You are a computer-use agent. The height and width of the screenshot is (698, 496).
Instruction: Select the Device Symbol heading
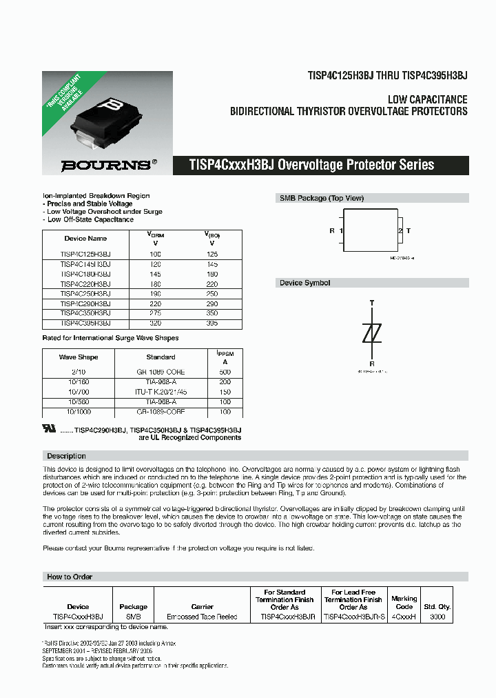tap(304, 283)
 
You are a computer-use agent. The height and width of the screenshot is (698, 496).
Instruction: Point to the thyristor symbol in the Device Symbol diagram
tap(372, 333)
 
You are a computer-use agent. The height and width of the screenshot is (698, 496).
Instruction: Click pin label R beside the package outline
tap(332, 231)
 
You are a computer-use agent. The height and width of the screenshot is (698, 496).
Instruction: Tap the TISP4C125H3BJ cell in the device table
tap(85, 254)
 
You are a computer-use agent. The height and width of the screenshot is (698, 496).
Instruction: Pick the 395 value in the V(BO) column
tap(211, 322)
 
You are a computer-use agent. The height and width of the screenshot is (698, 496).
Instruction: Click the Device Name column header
tap(85, 239)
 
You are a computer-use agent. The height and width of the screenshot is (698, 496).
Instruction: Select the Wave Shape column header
tap(79, 357)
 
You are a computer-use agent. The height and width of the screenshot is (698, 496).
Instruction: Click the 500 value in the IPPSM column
tap(225, 372)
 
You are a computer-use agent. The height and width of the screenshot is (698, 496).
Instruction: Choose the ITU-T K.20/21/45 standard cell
tap(161, 391)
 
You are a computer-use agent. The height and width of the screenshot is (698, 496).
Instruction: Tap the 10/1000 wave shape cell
tap(79, 411)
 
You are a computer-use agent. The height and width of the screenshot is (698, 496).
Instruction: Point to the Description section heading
tap(66, 456)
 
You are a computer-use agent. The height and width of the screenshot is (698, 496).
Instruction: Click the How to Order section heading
tap(70, 577)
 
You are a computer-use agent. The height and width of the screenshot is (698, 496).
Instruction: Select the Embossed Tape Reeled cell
tap(202, 617)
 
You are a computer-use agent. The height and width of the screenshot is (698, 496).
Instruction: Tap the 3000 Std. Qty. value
tap(436, 617)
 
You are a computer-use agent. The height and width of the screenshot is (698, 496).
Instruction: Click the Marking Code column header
tap(404, 602)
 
